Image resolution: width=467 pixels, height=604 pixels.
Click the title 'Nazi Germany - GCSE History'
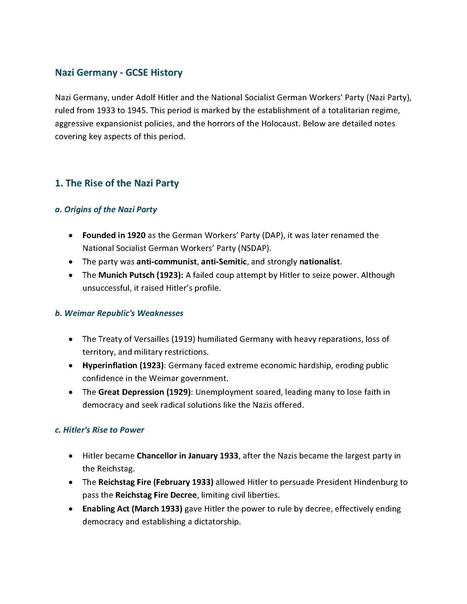[118, 73]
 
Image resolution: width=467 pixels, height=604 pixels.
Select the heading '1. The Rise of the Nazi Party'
[117, 183]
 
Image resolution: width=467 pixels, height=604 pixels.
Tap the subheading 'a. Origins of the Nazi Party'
[106, 210]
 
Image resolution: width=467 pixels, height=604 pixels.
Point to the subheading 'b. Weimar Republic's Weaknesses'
[119, 313]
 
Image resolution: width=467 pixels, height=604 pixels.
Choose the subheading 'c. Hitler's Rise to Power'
[99, 430]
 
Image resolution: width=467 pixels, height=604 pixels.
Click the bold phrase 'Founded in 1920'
[114, 236]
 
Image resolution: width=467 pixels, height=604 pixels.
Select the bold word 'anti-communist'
[166, 262]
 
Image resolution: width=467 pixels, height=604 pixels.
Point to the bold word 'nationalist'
[320, 262]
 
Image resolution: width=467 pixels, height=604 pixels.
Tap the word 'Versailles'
[151, 339]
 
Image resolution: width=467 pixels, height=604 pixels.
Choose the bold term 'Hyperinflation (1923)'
[123, 366]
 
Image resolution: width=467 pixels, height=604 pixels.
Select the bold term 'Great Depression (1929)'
[144, 392]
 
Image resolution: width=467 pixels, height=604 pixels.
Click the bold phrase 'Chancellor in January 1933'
[187, 456]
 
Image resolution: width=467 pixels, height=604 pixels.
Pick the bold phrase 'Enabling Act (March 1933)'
[132, 509]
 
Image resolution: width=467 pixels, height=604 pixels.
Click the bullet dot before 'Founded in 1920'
[70, 236]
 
